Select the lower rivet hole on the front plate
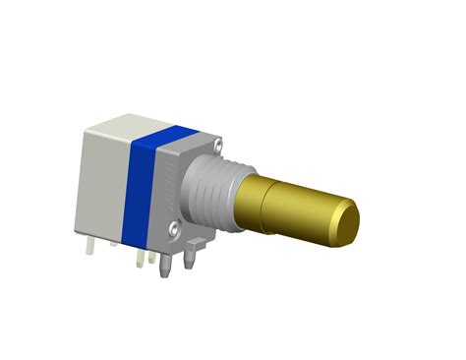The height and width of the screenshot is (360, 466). pyautogui.click(x=174, y=229)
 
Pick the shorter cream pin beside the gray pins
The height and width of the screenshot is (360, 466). pyautogui.click(x=151, y=258)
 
